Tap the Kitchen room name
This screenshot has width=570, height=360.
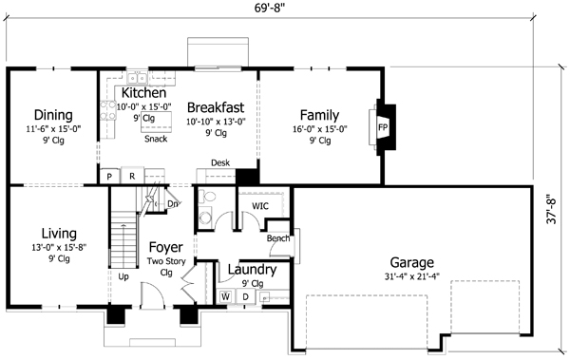144,93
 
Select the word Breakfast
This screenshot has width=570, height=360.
217,106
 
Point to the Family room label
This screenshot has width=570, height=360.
319,115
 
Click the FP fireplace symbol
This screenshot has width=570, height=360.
383,126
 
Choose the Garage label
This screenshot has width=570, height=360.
411,262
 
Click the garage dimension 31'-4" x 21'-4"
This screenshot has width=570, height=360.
411,278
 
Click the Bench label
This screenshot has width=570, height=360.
277,237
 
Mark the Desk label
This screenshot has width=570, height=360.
220,163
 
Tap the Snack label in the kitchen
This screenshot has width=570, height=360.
156,140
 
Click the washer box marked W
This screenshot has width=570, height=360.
226,296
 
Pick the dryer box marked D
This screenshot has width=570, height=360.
244,296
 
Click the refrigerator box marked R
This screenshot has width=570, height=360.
132,177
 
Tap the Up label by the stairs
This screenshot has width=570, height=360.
123,277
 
